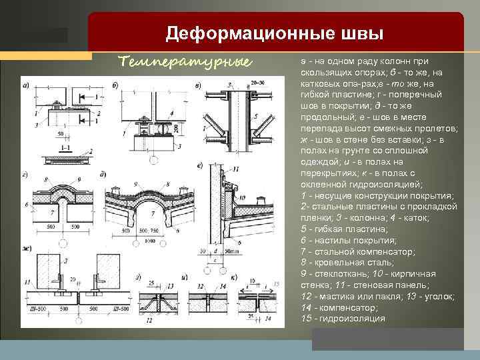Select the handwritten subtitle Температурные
185,62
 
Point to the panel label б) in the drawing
115,85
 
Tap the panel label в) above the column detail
197,85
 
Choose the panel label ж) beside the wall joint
26,249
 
